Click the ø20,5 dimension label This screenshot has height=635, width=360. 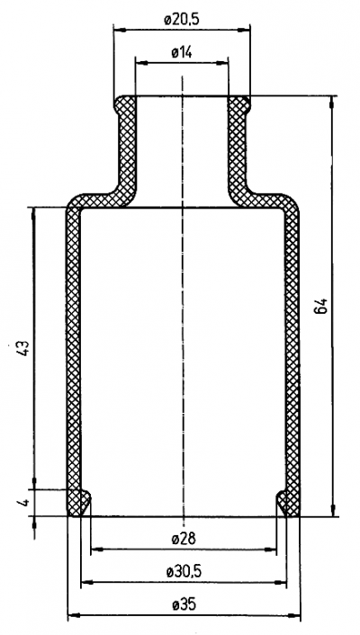182,20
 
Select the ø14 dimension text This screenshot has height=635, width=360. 182,52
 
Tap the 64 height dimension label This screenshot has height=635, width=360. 320,306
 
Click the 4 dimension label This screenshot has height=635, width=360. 23,503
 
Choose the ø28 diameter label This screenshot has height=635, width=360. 184,539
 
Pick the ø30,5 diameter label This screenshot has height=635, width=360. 184,572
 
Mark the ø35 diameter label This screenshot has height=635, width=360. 184,605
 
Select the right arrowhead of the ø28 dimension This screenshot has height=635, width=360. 271,550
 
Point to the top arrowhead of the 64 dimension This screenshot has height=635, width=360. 332,102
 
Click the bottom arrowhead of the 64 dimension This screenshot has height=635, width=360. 333,510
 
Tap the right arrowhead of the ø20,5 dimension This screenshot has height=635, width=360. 244,30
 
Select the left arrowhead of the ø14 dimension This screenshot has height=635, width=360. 140,63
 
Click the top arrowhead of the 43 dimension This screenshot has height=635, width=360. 33,213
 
